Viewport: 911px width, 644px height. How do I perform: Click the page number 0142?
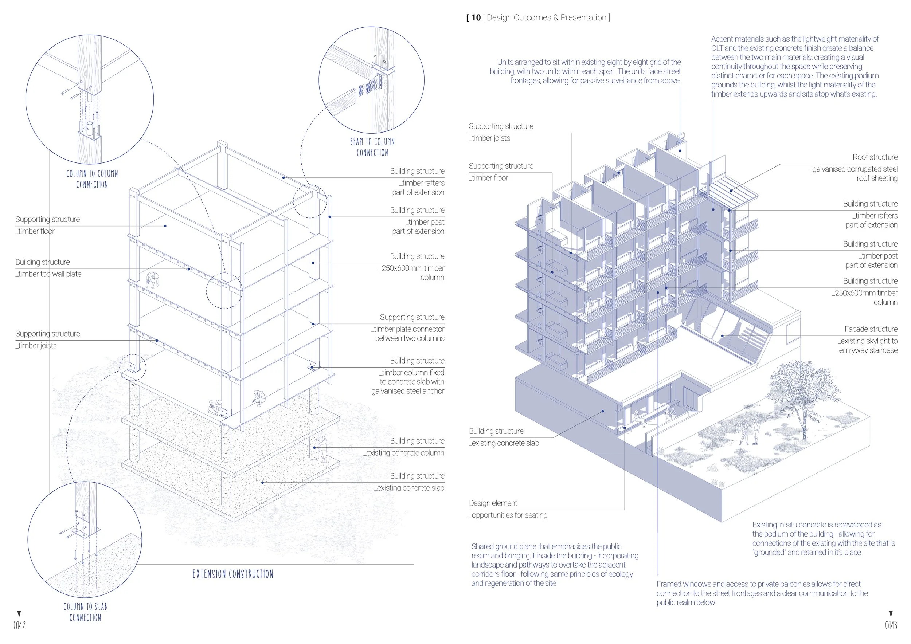19,625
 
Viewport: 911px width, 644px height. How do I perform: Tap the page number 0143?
891,625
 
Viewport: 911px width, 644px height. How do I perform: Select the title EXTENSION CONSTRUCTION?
233,574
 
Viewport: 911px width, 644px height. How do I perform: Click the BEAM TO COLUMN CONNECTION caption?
372,147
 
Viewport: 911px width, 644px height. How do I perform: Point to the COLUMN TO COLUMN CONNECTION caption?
92,179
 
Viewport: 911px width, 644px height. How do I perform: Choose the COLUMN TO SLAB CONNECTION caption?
85,612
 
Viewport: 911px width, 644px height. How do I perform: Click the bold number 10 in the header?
476,17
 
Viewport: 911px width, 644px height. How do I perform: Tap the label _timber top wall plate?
49,274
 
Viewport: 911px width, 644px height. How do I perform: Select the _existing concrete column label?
404,453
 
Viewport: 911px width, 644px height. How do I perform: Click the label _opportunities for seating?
508,515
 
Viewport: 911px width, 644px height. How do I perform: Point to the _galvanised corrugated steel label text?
853,169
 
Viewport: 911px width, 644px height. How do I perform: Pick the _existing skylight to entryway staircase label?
868,345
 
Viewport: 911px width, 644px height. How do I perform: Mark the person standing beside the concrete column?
323,448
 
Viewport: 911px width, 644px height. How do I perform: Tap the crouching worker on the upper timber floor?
152,280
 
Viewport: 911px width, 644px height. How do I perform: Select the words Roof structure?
875,157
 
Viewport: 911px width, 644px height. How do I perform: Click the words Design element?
493,503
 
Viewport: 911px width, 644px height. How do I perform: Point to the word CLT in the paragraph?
717,48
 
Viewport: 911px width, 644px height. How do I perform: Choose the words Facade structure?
871,329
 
